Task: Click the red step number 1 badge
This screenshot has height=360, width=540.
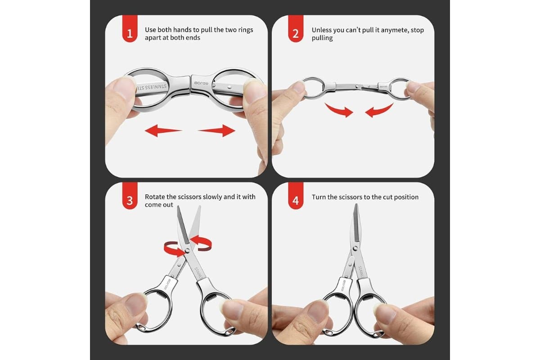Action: tap(130, 28)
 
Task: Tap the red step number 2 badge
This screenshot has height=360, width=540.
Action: tap(296, 28)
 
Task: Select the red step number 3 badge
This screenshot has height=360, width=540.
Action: tap(130, 196)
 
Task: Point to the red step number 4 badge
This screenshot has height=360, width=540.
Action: tap(296, 196)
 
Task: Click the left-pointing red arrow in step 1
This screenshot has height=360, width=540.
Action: tap(163, 130)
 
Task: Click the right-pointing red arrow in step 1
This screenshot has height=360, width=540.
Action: tap(216, 130)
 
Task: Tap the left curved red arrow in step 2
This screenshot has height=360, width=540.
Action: tap(339, 110)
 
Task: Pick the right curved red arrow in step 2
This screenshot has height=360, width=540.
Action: tap(379, 110)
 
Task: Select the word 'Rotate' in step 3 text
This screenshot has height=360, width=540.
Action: tap(154, 197)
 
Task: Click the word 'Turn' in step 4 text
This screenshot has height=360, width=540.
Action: tap(319, 197)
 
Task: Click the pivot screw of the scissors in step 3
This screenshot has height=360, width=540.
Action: tap(187, 251)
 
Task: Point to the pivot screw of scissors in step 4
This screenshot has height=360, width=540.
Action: tap(355, 248)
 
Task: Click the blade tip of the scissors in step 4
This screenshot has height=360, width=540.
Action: tap(356, 204)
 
